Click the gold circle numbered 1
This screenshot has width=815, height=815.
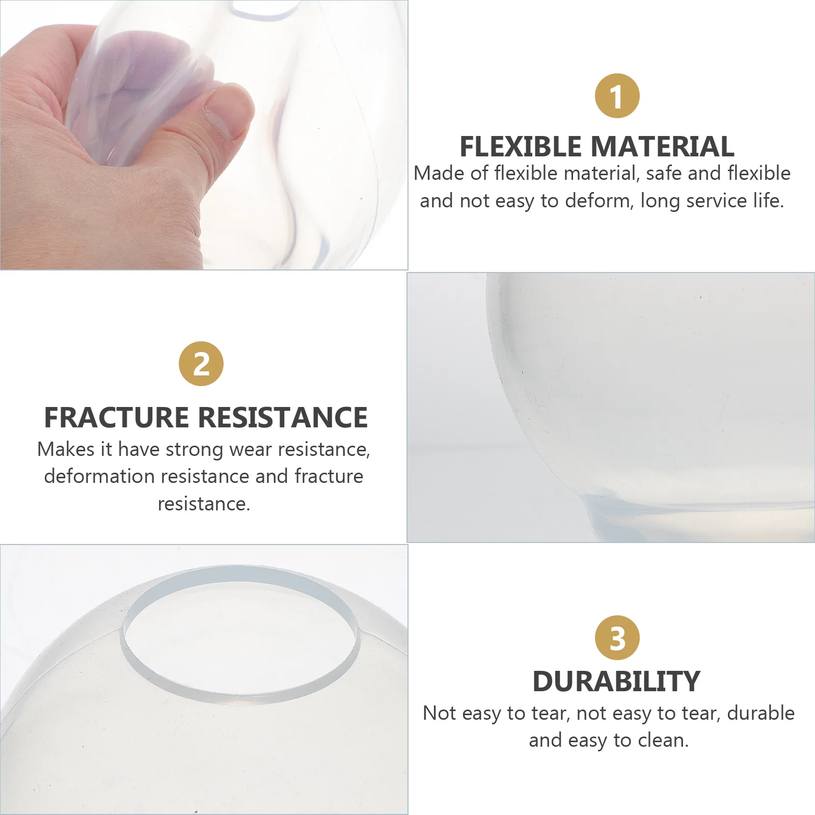tap(617, 96)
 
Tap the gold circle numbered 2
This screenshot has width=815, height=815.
tap(201, 364)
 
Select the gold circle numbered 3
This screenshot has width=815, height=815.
tap(617, 638)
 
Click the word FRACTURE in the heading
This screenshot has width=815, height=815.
tap(117, 417)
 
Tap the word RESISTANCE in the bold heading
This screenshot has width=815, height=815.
tap(283, 417)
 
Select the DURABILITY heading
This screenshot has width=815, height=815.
tap(616, 682)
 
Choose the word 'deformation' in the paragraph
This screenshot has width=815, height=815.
tap(99, 476)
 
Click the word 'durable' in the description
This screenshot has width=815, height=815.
tap(760, 713)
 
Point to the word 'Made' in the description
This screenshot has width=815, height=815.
tap(439, 174)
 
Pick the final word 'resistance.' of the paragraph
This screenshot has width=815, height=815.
tap(204, 504)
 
